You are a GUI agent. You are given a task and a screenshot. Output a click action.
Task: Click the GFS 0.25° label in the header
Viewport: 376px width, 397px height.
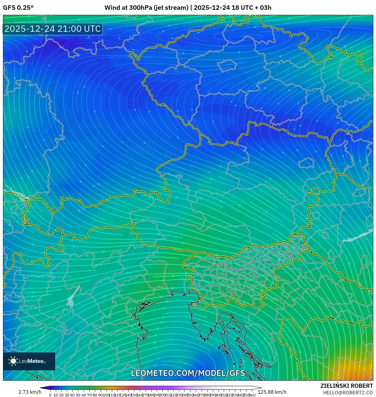pyautogui.click(x=18, y=8)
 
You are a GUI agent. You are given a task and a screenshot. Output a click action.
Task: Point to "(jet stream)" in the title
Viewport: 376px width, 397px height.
pyautogui.click(x=171, y=8)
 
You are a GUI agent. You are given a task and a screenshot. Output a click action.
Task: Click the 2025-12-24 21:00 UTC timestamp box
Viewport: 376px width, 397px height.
pyautogui.click(x=53, y=29)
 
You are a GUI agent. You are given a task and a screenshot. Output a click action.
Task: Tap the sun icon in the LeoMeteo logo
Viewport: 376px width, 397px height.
pyautogui.click(x=13, y=361)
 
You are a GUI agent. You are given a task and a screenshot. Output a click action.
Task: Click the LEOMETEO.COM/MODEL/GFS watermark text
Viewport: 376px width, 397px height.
pyautogui.click(x=188, y=373)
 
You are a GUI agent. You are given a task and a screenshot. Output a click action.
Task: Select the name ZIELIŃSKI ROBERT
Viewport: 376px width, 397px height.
pyautogui.click(x=346, y=386)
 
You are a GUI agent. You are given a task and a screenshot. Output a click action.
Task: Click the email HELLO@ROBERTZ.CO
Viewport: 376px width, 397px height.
pyautogui.click(x=348, y=392)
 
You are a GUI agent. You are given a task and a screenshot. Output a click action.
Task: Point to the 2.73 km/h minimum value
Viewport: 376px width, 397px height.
pyautogui.click(x=30, y=392)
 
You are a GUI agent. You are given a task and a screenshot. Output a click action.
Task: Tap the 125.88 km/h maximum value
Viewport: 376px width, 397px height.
pyautogui.click(x=272, y=392)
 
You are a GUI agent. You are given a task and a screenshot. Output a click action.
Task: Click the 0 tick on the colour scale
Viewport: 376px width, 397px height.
pyautogui.click(x=50, y=395)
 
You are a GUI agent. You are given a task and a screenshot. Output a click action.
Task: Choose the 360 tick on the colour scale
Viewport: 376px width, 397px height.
pyautogui.click(x=252, y=395)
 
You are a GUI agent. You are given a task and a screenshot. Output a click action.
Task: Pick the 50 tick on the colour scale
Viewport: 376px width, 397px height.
pyautogui.click(x=78, y=395)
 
